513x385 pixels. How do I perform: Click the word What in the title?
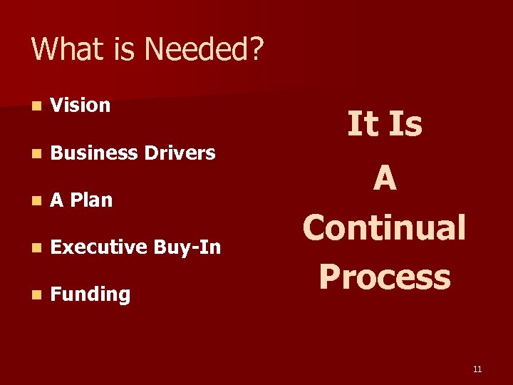tap(63, 50)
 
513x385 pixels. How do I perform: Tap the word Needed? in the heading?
tap(204, 50)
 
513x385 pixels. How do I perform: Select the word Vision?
tap(81, 106)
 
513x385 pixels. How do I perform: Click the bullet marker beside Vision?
tap(36, 106)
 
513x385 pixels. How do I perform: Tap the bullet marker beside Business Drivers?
tap(36, 153)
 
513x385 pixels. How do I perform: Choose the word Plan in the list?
tap(91, 200)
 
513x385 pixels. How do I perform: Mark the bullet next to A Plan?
tap(36, 201)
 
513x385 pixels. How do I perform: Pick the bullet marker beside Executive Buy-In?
tap(36, 248)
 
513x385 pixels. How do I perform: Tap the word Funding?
tap(90, 294)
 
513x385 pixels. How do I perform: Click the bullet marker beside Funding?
tap(36, 295)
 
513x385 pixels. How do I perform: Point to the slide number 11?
tap(477, 369)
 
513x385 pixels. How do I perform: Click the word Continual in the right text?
tap(384, 228)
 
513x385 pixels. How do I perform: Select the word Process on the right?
tap(385, 277)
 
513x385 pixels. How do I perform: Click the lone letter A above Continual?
tap(385, 177)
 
